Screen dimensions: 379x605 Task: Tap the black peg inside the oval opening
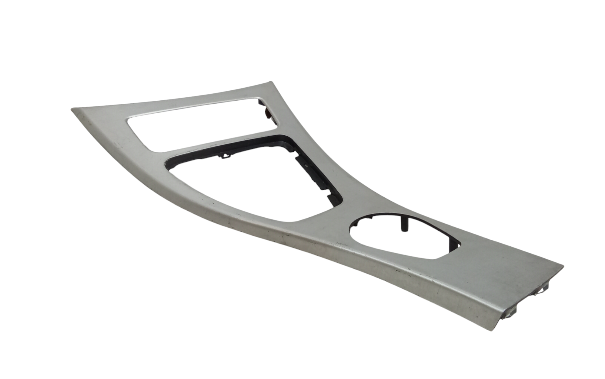tap(404, 225)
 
